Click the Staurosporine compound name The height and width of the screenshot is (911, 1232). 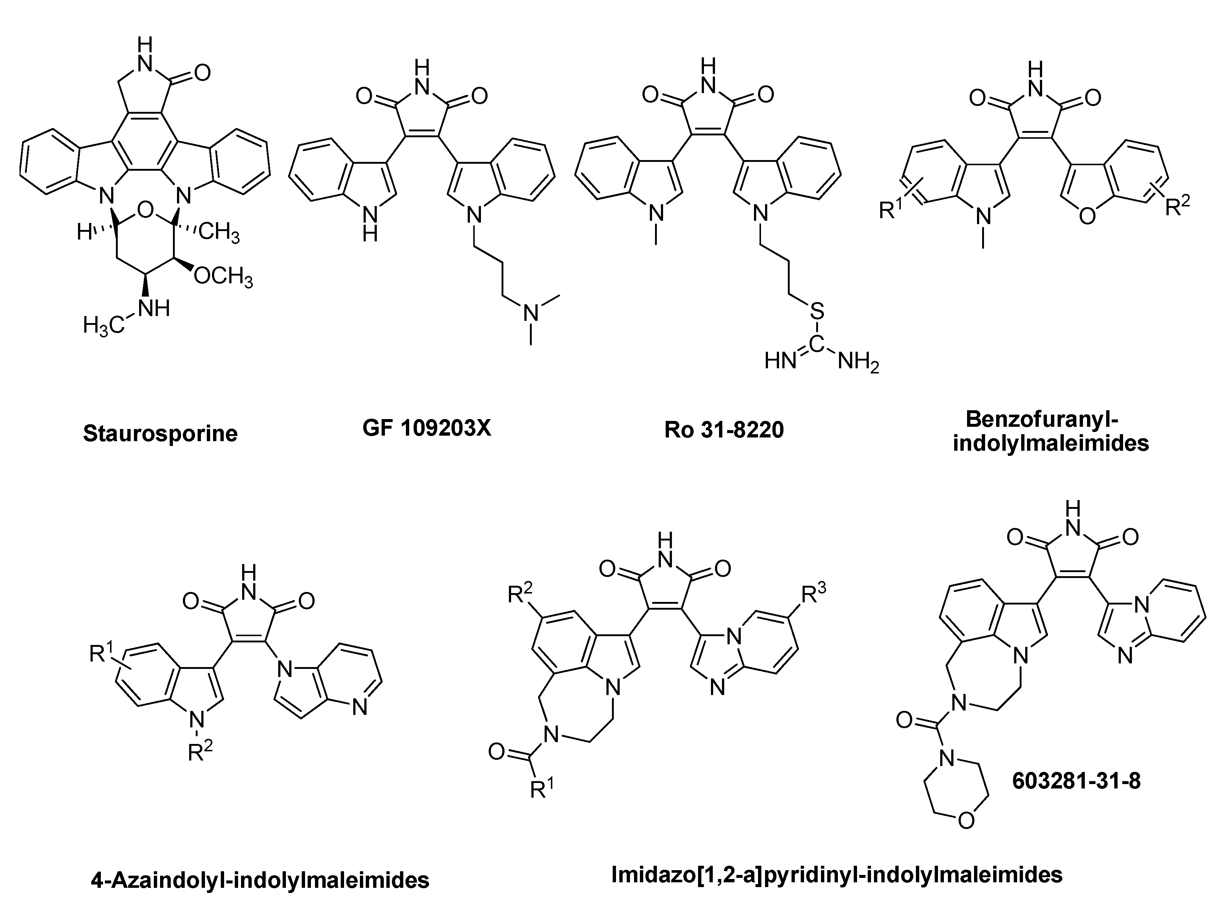[160, 433]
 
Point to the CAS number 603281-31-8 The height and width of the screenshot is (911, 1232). [1076, 781]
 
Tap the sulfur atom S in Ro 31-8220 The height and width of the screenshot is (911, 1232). [817, 312]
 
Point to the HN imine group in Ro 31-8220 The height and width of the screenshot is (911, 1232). [780, 362]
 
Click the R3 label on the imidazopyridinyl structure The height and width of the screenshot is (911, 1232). [814, 595]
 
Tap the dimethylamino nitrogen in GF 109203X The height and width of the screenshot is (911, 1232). [531, 313]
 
